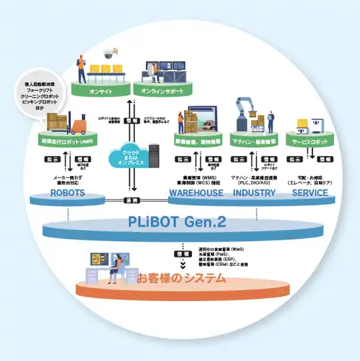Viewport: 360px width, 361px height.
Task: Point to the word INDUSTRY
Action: pyautogui.click(x=255, y=194)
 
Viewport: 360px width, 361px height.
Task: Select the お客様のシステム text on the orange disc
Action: pyautogui.click(x=181, y=279)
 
